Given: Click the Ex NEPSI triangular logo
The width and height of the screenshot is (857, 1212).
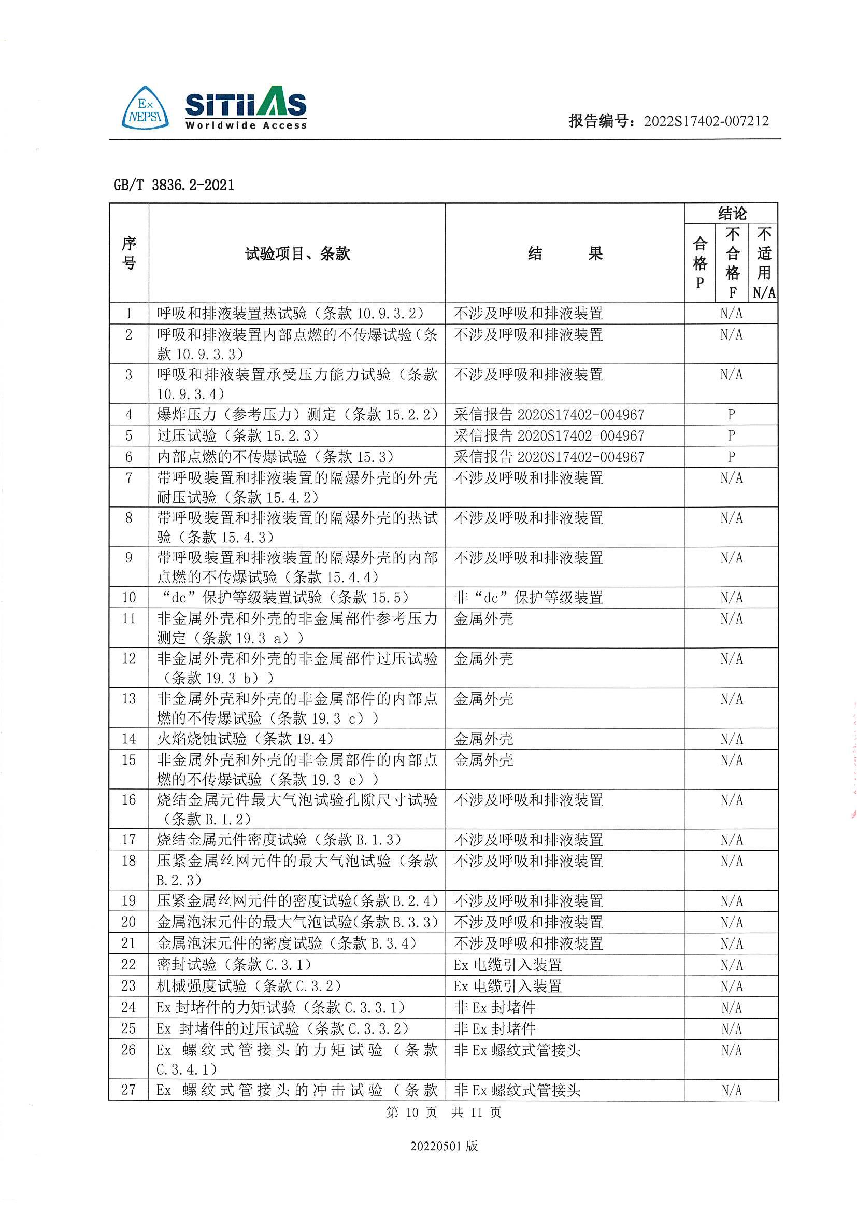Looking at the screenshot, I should (x=145, y=109).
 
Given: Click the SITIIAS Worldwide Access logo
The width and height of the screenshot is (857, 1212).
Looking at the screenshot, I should (x=246, y=108).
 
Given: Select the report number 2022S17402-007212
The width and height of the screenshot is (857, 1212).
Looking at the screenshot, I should (x=706, y=121).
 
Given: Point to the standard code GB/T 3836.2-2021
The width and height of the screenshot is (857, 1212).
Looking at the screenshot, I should (x=174, y=185).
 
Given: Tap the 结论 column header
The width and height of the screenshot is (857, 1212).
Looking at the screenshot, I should (x=732, y=213).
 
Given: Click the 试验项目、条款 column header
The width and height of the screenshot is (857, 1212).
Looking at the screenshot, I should (x=297, y=254).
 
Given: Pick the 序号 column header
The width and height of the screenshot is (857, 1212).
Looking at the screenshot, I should (x=129, y=253).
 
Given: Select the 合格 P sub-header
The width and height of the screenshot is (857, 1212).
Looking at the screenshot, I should (x=699, y=263).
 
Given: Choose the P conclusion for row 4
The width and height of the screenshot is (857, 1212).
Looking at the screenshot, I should (x=731, y=414).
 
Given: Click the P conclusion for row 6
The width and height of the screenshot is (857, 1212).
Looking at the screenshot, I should (x=731, y=457).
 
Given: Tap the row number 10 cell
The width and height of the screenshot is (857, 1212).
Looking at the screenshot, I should (x=129, y=598).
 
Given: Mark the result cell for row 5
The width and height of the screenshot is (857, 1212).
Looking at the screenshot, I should (x=549, y=436).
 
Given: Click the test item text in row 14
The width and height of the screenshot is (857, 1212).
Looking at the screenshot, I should (x=245, y=739).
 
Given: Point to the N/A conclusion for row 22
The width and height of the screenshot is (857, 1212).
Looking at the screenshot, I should (x=732, y=965).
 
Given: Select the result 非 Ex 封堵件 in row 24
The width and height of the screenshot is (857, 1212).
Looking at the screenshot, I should (x=494, y=1008).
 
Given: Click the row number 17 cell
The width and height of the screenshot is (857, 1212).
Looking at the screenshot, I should (x=129, y=840).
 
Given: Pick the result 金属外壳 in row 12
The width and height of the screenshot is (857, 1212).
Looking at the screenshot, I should (x=483, y=659).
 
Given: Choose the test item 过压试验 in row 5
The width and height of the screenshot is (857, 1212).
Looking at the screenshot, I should (x=237, y=436).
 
